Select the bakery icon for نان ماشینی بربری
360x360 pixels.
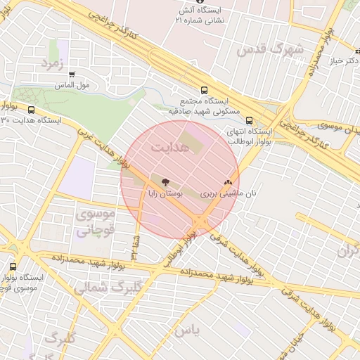point(227,181)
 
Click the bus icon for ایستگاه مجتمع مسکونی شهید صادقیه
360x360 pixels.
point(204,90)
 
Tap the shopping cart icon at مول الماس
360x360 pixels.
point(72,75)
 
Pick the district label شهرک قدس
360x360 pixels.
point(270,50)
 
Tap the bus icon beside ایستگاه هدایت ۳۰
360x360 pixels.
point(31,110)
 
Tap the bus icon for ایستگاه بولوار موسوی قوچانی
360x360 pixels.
point(13,266)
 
